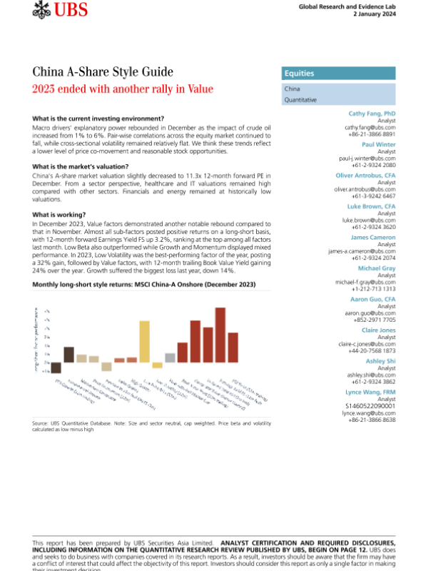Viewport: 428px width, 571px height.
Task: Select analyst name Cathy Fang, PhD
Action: point(372,114)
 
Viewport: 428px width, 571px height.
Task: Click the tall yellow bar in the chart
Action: point(144,342)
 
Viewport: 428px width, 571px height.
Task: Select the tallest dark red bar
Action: point(220,335)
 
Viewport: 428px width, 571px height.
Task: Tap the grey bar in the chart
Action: point(170,358)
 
